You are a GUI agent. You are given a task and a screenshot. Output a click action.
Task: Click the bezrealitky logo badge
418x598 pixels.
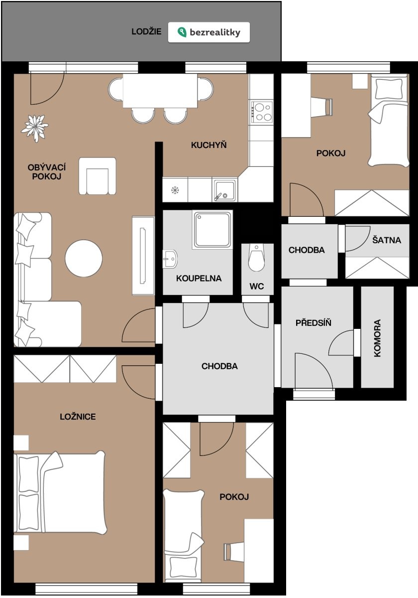[x=209, y=32]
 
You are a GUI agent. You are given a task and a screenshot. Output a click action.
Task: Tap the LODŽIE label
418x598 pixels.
[x=146, y=31]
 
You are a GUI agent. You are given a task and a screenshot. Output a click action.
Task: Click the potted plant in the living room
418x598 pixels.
[x=35, y=128]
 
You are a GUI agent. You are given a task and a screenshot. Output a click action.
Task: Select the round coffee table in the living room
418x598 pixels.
[x=84, y=258]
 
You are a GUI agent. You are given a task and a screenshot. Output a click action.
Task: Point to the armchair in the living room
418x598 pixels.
[x=98, y=176]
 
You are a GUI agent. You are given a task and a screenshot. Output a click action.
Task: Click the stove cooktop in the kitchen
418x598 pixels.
[x=262, y=112]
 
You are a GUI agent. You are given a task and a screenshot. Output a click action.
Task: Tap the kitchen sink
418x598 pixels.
[x=223, y=190]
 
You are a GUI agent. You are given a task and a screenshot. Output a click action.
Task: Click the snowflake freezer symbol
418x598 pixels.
[x=175, y=190]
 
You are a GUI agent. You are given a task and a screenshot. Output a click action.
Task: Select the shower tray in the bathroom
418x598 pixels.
[x=212, y=230]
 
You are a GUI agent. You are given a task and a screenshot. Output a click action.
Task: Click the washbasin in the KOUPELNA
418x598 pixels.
[x=170, y=259]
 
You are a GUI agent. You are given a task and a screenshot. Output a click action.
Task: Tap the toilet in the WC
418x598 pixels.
[x=256, y=257]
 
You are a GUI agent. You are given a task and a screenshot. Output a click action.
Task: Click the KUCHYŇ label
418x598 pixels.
[x=209, y=145]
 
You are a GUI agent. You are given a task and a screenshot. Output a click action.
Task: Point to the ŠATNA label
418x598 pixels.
[x=387, y=240]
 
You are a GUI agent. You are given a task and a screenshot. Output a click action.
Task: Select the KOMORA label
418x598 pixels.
[x=377, y=338]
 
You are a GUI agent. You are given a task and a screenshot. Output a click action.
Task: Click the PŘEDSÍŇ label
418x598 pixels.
[x=313, y=322]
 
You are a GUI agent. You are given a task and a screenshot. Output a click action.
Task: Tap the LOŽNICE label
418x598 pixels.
[x=78, y=417]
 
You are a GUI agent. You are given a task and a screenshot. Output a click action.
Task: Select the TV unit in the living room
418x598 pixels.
[x=143, y=256]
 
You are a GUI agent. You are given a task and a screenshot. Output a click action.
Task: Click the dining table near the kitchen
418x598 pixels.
[x=160, y=91]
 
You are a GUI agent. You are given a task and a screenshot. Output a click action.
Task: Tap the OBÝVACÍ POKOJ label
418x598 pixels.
[x=47, y=171]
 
